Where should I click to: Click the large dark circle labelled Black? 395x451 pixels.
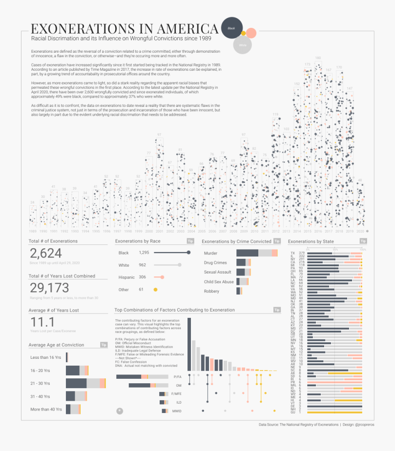click(232, 29)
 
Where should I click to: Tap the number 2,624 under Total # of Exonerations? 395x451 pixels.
click(46, 253)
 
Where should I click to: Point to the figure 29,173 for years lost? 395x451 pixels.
click(49, 288)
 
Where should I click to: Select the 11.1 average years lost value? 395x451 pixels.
click(42, 322)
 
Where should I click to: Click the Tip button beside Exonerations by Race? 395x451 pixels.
click(190, 241)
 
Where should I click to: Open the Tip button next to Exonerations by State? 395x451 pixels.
click(363, 241)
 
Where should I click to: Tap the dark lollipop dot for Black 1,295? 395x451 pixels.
click(188, 253)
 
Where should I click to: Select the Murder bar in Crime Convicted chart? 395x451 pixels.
click(254, 253)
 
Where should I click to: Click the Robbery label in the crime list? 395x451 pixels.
click(212, 291)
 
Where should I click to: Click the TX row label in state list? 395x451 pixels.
click(292, 253)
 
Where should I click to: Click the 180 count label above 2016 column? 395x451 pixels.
click(318, 58)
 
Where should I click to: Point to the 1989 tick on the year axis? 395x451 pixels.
click(32, 231)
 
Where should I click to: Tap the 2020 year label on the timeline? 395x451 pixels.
click(360, 231)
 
